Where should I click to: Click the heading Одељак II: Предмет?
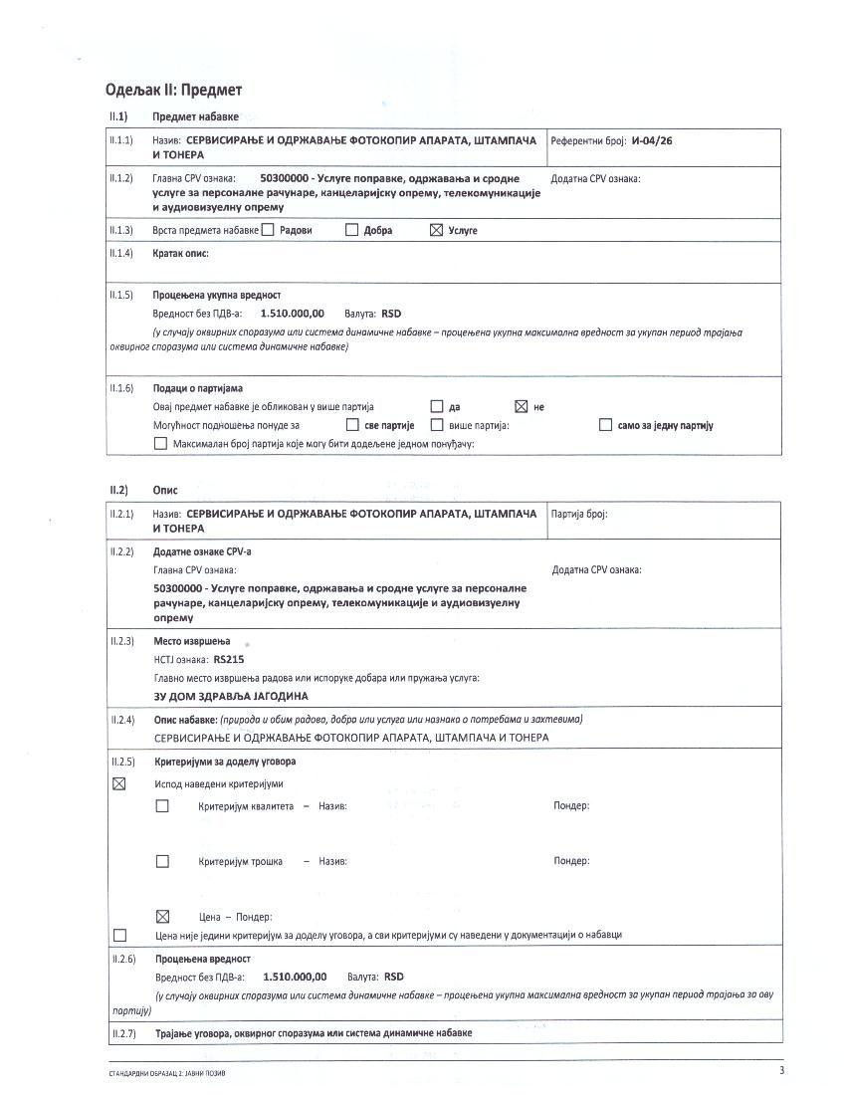(x=174, y=90)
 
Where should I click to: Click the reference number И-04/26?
(x=652, y=141)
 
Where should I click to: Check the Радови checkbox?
(x=268, y=230)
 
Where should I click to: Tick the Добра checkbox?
(x=351, y=230)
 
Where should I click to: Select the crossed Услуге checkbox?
(x=435, y=230)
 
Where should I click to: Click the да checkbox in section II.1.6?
(x=436, y=406)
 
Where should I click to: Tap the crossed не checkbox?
(x=520, y=406)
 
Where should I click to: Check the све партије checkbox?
(x=351, y=425)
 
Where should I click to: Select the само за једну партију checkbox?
(x=605, y=425)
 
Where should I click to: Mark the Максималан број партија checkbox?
(x=161, y=444)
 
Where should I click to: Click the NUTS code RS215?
(x=229, y=659)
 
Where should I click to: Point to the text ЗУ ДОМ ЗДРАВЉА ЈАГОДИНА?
(x=230, y=696)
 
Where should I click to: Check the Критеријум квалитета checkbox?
(x=162, y=806)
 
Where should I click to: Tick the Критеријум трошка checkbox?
(x=162, y=861)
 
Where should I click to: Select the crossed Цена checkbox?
(x=163, y=917)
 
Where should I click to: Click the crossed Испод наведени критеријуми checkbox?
(x=119, y=783)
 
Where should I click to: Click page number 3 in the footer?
(x=781, y=1070)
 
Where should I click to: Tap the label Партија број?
(x=579, y=515)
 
